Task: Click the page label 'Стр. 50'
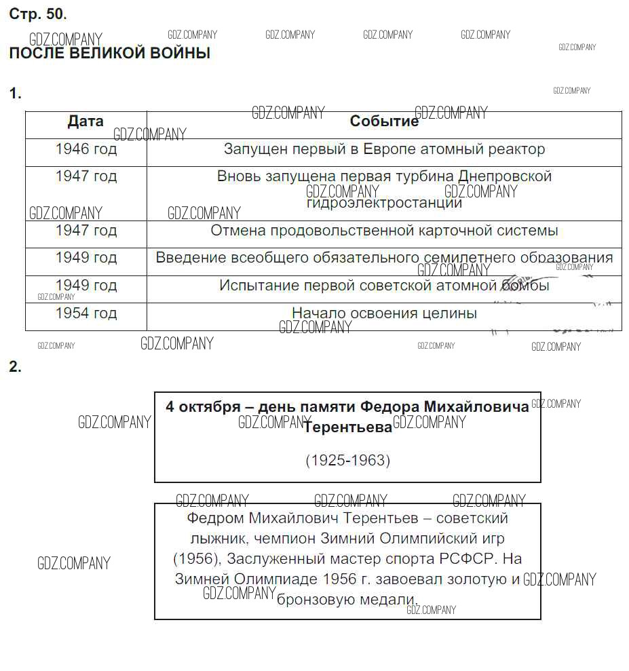click(x=37, y=14)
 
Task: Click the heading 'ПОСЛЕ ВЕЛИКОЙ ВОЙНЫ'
click(x=109, y=54)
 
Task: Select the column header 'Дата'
click(x=85, y=121)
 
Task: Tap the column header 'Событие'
click(x=384, y=121)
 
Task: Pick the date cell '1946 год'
click(x=85, y=149)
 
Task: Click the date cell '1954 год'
click(x=85, y=313)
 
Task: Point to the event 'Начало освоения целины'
click(x=384, y=313)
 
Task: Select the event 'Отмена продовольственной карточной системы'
click(x=384, y=231)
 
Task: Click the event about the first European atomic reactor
click(x=384, y=149)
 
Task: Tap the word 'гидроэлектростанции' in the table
click(x=384, y=203)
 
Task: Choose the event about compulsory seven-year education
click(x=384, y=258)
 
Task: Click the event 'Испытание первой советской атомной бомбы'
click(x=384, y=286)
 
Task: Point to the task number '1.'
click(x=15, y=94)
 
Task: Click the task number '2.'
click(x=15, y=367)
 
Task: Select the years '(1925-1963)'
click(x=347, y=461)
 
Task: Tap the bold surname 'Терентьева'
click(x=347, y=427)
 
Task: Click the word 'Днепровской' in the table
click(x=505, y=176)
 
